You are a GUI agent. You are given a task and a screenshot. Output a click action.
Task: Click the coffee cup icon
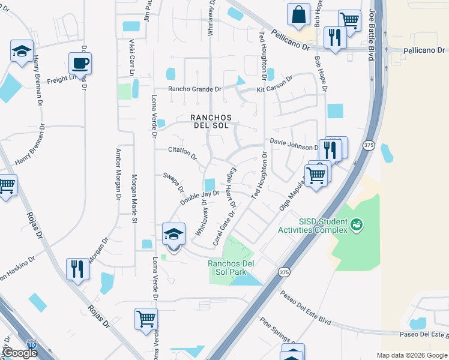[x=80, y=63]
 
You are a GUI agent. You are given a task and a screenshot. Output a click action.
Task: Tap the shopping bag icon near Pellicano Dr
[x=298, y=14]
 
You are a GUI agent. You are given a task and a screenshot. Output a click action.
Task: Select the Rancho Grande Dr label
[x=194, y=89]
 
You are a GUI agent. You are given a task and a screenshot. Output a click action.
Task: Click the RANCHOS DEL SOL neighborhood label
[x=209, y=122]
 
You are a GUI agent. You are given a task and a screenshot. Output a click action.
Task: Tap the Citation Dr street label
[x=182, y=153]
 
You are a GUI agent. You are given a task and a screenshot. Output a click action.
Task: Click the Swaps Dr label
[x=173, y=183]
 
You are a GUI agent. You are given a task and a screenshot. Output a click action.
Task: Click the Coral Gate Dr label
[x=224, y=226]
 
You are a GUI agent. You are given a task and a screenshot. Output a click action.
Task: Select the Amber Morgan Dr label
[x=119, y=175]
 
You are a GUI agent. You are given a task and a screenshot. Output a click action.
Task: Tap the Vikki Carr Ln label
[x=131, y=58]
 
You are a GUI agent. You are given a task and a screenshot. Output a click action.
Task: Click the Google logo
[x=19, y=353]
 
